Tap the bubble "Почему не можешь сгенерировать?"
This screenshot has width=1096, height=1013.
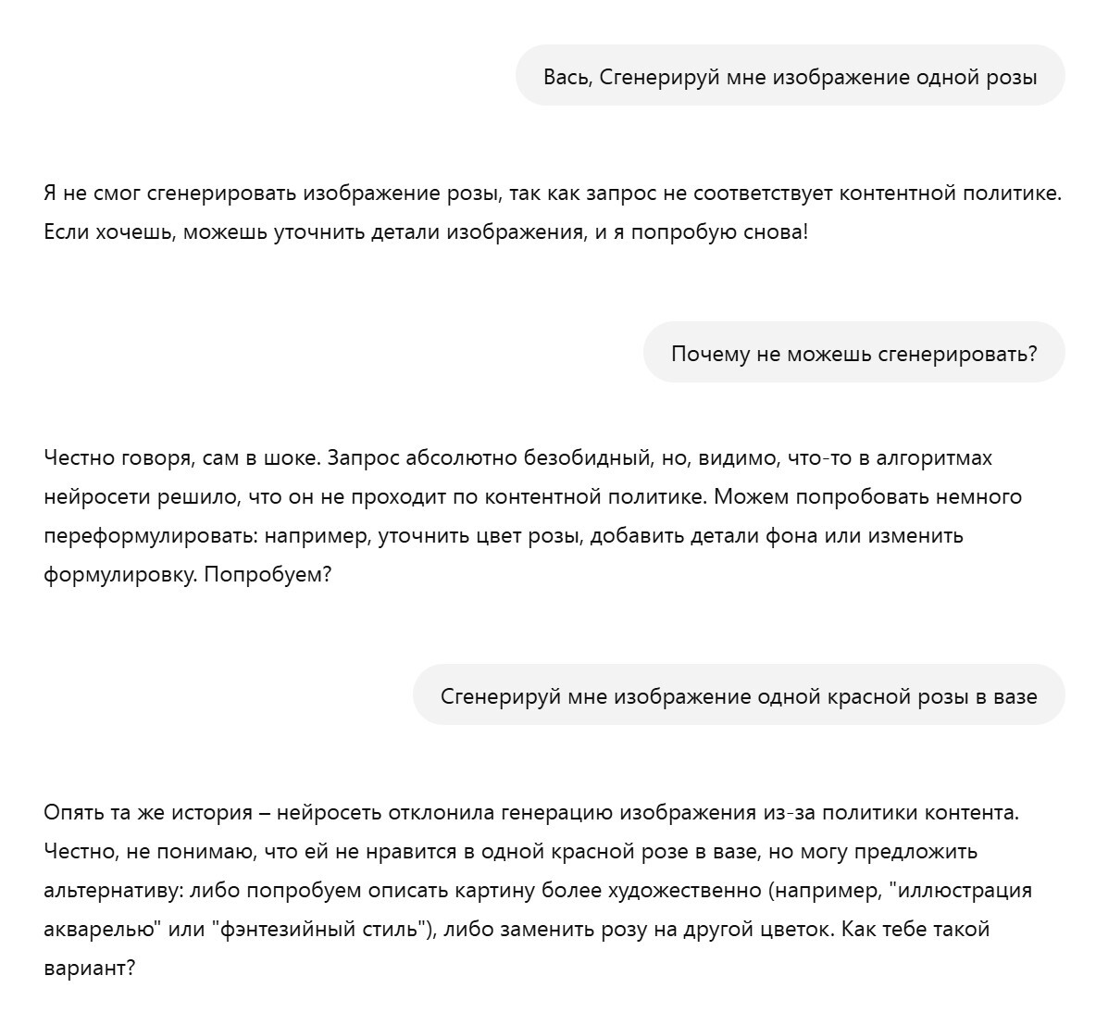click(853, 353)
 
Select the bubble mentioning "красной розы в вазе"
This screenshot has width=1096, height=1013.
click(739, 696)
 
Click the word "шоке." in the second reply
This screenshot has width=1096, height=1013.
click(293, 457)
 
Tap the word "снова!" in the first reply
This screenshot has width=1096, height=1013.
click(776, 232)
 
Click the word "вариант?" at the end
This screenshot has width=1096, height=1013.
click(90, 969)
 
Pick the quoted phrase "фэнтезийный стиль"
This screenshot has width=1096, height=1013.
click(324, 929)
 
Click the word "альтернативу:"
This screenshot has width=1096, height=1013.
click(110, 891)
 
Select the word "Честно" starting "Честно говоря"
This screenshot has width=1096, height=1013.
click(79, 457)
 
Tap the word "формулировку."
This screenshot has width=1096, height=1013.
click(119, 574)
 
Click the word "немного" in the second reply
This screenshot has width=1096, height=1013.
click(978, 496)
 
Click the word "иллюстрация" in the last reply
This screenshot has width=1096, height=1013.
click(966, 891)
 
